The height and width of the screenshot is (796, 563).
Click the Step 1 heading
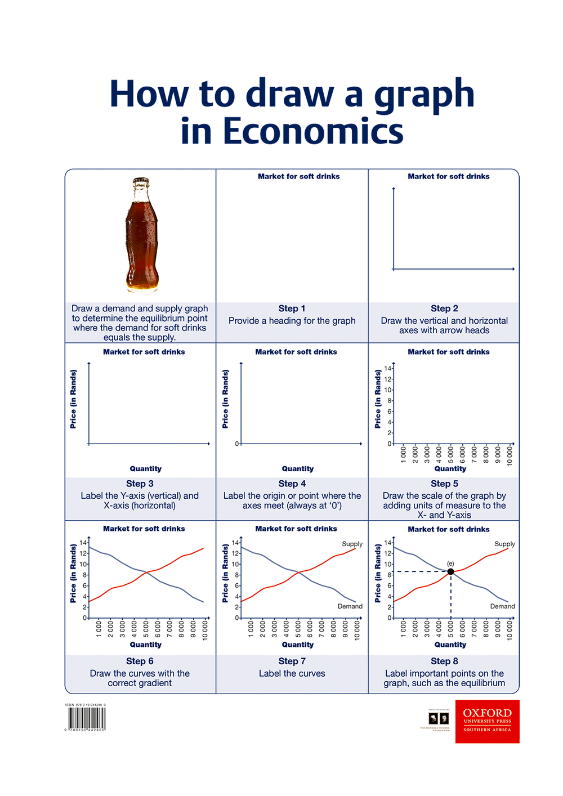click(x=292, y=308)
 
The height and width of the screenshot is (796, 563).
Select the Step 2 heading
click(x=444, y=308)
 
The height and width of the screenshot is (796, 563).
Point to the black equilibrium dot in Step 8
click(x=450, y=571)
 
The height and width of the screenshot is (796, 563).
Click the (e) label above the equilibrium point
click(x=450, y=563)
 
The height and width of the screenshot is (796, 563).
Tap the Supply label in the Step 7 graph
click(x=352, y=544)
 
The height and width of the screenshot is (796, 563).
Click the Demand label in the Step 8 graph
click(x=502, y=606)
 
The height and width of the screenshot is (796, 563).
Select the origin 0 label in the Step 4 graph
click(x=237, y=444)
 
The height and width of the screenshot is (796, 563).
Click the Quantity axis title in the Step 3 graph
click(x=145, y=468)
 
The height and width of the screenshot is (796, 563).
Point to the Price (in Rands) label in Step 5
click(x=378, y=399)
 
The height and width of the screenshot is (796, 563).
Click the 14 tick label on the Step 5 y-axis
click(x=387, y=368)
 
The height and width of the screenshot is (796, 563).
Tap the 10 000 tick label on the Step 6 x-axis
click(x=205, y=630)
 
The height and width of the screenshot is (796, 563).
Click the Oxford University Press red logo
click(x=487, y=721)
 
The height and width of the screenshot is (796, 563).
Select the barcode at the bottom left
click(x=87, y=718)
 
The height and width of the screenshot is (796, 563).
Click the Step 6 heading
click(x=140, y=661)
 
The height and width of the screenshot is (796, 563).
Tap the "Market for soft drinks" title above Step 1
click(x=298, y=176)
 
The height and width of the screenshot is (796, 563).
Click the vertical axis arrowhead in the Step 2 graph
click(x=394, y=189)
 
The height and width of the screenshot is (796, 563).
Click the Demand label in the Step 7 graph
click(x=350, y=606)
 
